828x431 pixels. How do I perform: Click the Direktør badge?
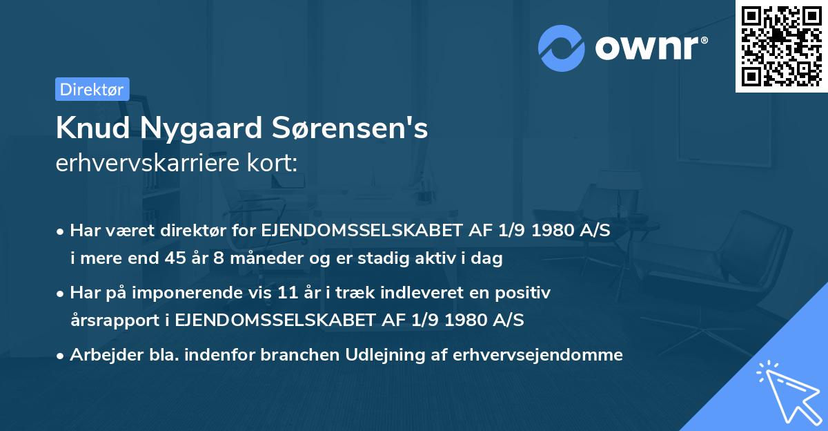(x=92, y=89)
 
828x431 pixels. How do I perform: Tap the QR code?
(x=782, y=46)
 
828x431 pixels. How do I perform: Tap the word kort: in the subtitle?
(x=275, y=163)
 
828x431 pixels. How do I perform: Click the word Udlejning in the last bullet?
(x=391, y=355)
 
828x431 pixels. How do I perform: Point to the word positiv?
(x=525, y=293)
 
